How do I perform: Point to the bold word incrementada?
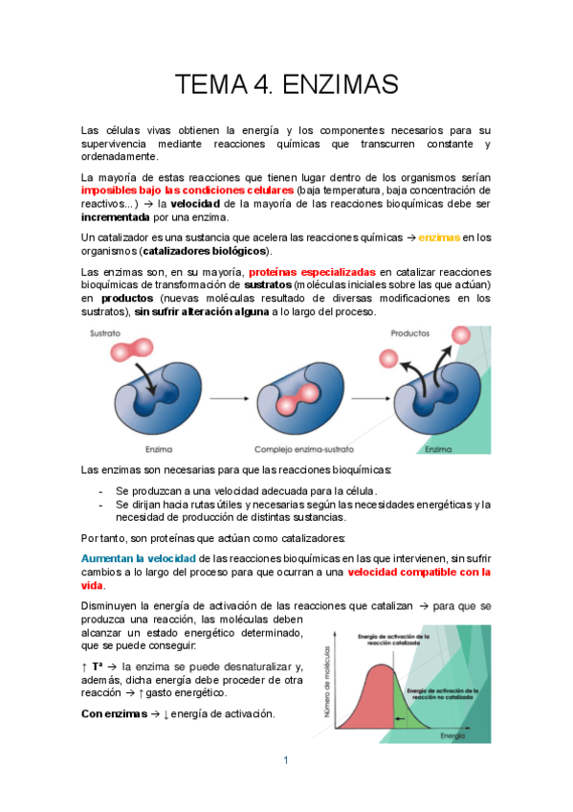point(116,216)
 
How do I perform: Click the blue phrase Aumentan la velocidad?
point(139,557)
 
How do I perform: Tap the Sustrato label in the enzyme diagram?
point(106,334)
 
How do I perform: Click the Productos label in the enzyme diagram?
point(409,333)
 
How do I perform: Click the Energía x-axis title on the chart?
point(453,737)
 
